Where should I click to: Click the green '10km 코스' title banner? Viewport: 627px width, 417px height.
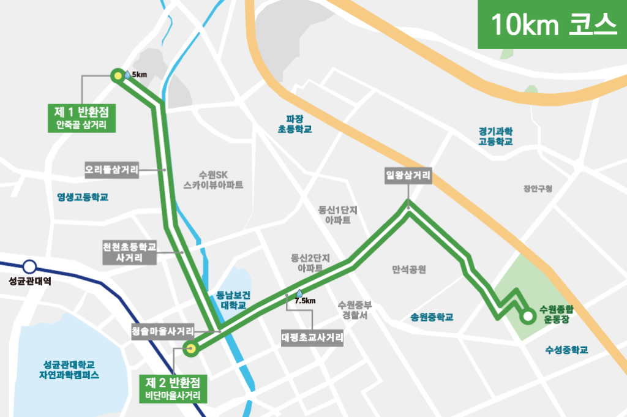tap(552, 24)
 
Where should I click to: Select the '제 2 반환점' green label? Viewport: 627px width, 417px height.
tap(173, 388)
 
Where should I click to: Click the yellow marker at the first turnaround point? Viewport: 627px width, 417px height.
tap(117, 76)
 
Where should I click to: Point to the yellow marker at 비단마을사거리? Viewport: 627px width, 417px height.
tap(191, 349)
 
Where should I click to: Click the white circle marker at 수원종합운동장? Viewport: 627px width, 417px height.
tap(527, 317)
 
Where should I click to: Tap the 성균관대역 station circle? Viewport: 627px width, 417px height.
tap(29, 267)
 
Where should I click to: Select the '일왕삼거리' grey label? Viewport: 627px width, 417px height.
tap(408, 176)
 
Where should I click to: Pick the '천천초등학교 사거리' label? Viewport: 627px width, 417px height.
tap(130, 252)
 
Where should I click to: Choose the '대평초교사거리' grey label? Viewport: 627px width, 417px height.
tap(312, 337)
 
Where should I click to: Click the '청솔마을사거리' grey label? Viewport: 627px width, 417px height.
tap(163, 331)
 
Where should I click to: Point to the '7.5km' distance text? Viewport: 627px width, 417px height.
tap(305, 301)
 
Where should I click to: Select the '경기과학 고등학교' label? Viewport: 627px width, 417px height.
tap(495, 136)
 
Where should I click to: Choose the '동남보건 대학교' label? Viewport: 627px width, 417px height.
tap(232, 299)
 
